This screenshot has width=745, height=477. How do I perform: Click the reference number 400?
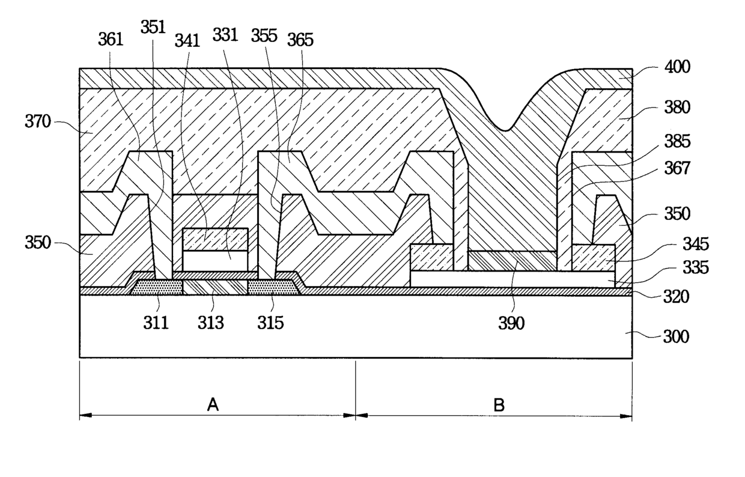678,67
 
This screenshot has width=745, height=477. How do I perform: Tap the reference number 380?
678,108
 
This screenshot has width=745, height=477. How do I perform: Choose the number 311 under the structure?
156,323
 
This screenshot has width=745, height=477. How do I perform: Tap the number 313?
211,323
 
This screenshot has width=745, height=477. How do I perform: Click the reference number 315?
270,323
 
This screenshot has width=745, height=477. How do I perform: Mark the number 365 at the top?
300,40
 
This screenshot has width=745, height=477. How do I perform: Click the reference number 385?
678,142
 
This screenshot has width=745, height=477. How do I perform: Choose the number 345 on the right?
678,245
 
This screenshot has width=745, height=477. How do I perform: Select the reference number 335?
678,268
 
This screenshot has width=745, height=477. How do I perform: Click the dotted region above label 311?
157,287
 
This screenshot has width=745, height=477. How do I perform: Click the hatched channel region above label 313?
214,287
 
